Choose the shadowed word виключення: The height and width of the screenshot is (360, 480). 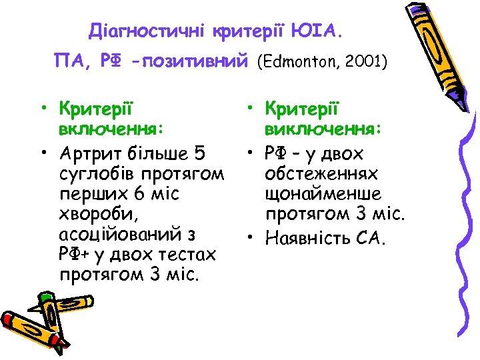(x=323, y=127)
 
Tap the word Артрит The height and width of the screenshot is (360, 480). (x=91, y=155)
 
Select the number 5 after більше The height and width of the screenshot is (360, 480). (x=200, y=155)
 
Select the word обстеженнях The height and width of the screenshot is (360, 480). (x=322, y=175)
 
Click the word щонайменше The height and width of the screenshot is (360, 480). (x=323, y=195)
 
